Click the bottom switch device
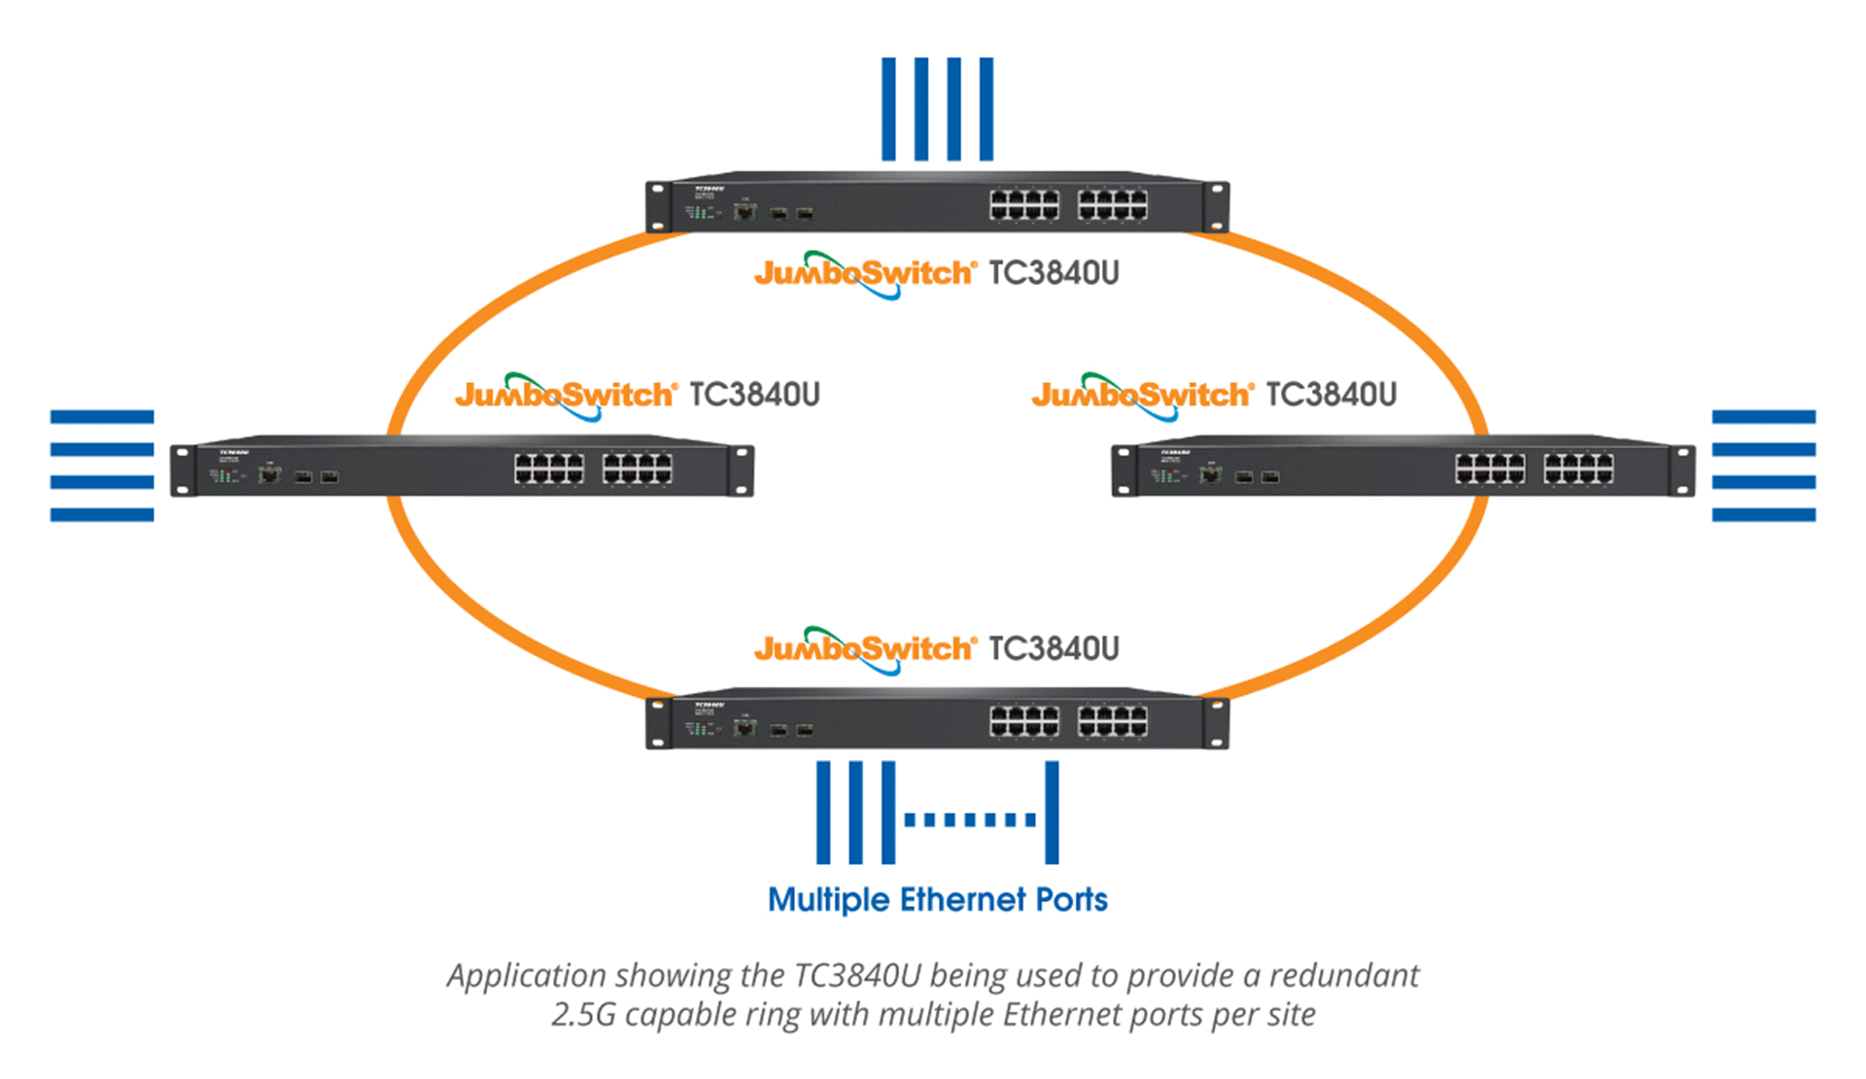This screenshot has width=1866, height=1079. tap(937, 720)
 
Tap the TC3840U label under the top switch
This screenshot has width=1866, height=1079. tap(1054, 273)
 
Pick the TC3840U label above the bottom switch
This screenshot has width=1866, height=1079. tap(1054, 648)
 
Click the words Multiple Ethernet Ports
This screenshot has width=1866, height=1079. tap(937, 900)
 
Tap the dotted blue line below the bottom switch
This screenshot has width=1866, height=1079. tap(970, 819)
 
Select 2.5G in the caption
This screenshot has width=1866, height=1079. tap(583, 1015)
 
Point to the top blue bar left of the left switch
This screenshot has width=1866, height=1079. tap(102, 417)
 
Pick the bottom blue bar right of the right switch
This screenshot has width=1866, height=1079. tap(1763, 514)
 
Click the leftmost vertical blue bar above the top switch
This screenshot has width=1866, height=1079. tap(888, 109)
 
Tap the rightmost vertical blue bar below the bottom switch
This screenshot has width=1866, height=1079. tap(1052, 813)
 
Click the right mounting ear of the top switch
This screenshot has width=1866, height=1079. tap(1216, 205)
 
